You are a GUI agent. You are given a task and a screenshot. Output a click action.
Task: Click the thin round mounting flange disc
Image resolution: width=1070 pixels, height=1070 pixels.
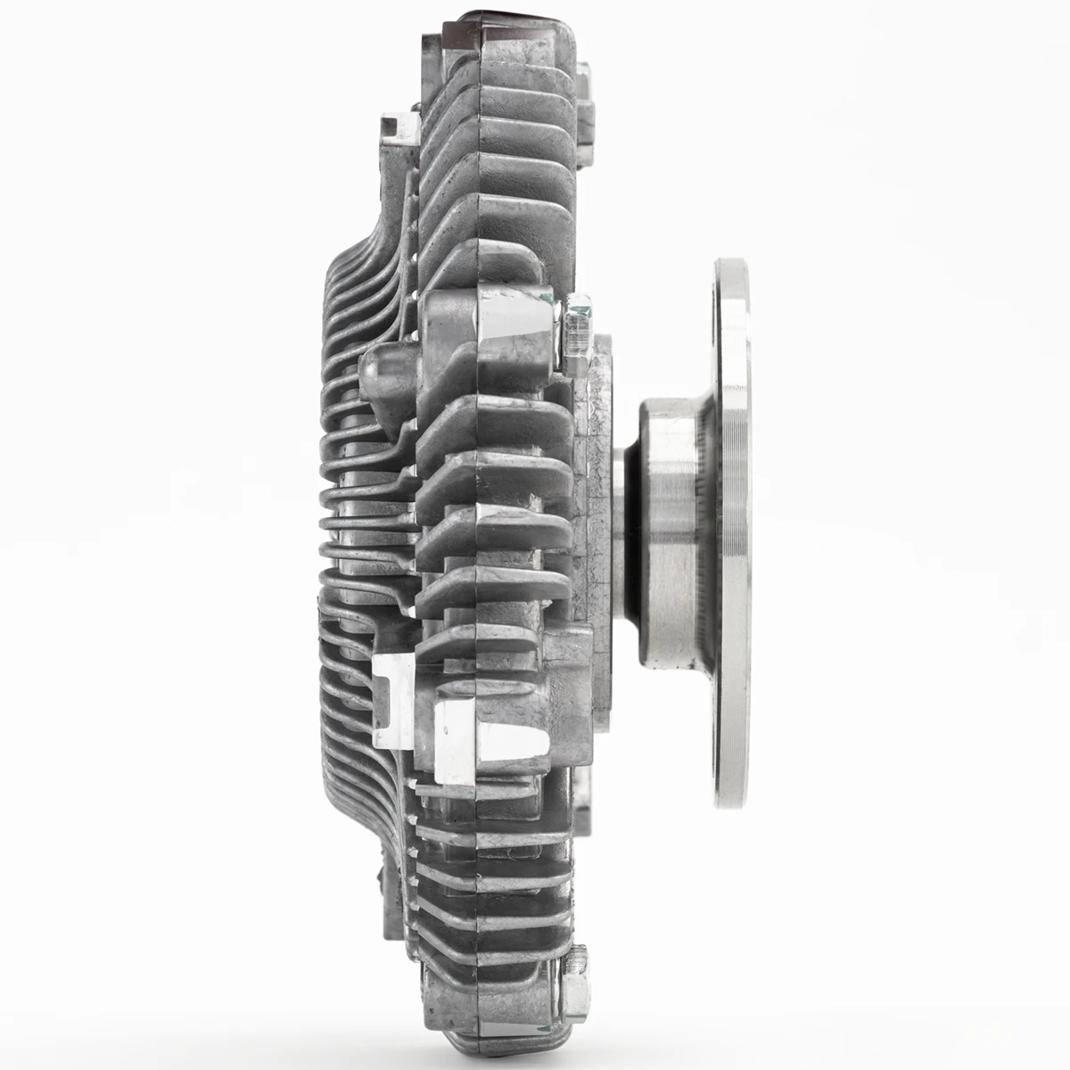(731, 535)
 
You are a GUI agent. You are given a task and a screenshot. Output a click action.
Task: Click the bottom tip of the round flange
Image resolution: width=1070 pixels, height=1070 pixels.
(731, 807)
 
